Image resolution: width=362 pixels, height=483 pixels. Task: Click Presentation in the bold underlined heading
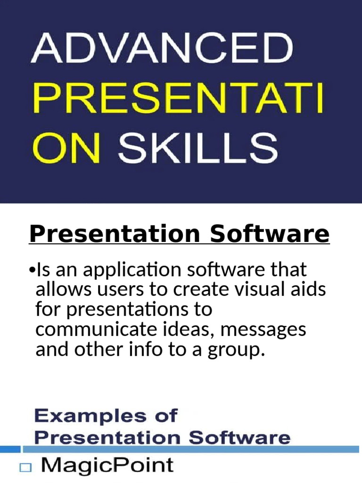pos(116,234)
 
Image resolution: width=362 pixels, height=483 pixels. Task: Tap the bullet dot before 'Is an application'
pos(32,271)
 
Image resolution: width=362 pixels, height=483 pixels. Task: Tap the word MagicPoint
pos(107,466)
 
